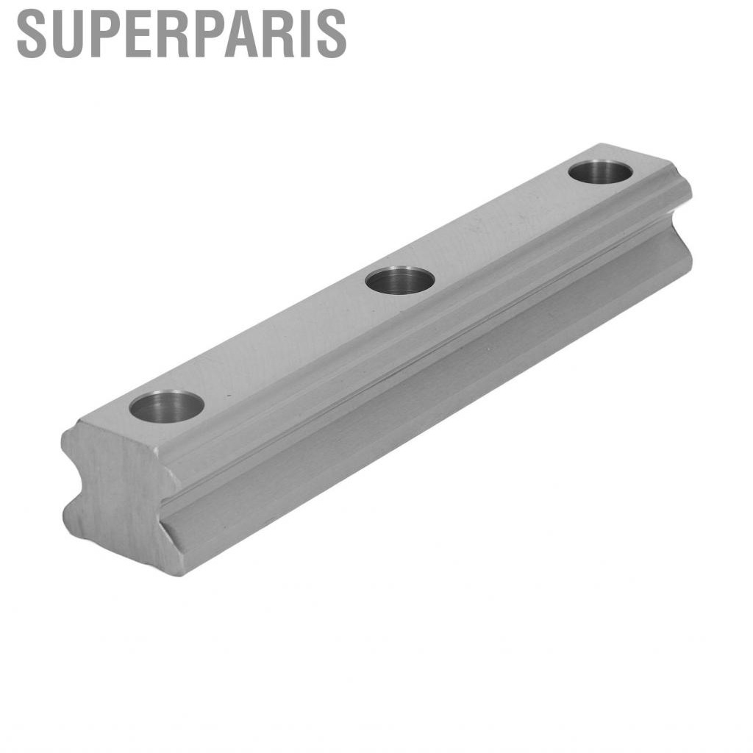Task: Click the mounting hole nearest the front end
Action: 166,406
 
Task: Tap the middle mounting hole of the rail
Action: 400,280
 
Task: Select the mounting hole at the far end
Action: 600,171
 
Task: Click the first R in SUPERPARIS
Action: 168,34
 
